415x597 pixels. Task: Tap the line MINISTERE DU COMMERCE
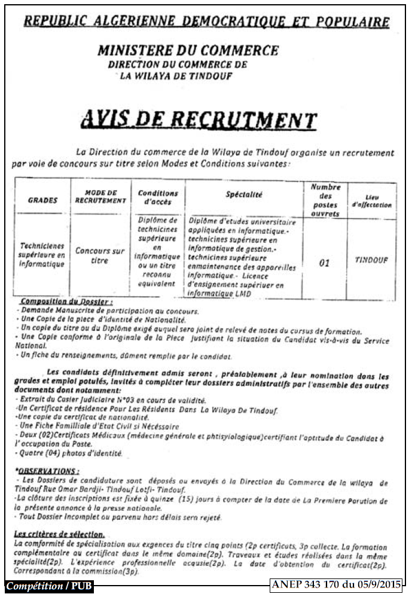[188, 50]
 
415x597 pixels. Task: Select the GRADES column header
[42, 200]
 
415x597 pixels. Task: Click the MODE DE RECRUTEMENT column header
[100, 197]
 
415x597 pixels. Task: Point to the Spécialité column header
[244, 194]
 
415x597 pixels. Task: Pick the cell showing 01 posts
[324, 263]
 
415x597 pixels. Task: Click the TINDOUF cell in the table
[371, 260]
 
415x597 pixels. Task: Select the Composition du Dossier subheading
[66, 303]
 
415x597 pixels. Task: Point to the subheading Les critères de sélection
[59, 534]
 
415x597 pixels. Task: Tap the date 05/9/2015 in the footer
[376, 585]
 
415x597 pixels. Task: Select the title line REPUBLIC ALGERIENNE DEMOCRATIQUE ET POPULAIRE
[206, 22]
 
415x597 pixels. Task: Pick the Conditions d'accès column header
[158, 197]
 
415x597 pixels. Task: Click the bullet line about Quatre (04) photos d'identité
[71, 453]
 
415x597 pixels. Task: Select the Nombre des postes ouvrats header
[325, 200]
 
